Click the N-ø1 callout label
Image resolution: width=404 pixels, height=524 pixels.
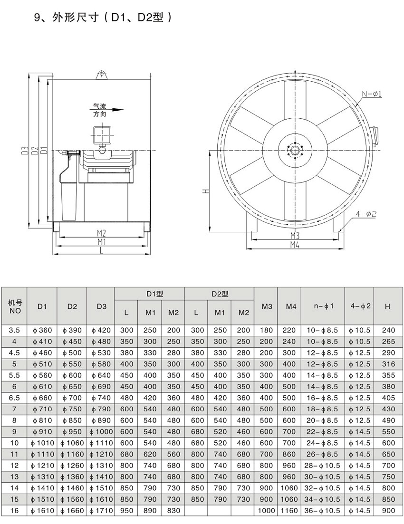coord(372,94)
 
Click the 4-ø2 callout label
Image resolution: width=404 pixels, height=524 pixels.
coord(366,214)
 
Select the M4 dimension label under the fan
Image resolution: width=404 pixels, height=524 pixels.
coord(294,245)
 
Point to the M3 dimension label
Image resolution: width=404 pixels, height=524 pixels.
coord(294,236)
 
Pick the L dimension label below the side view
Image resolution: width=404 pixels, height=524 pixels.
coord(101,251)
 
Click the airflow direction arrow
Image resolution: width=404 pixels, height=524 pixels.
coord(108,110)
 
